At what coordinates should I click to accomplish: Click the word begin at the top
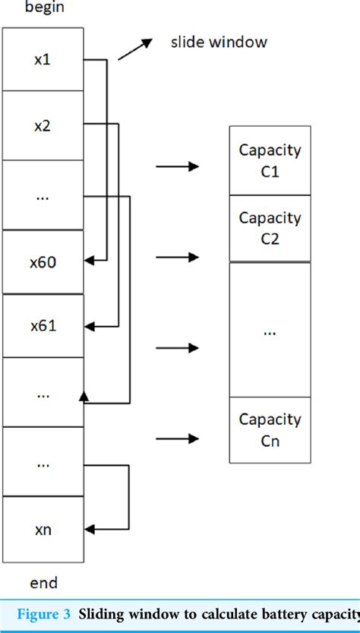click(43, 8)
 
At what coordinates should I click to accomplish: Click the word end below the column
click(43, 583)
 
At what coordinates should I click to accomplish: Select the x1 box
click(43, 59)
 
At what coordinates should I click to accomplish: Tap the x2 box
click(43, 125)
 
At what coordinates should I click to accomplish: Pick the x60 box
click(43, 262)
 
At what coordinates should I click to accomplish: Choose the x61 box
click(43, 326)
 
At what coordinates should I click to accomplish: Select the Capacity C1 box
click(270, 160)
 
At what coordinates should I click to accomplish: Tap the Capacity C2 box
click(270, 228)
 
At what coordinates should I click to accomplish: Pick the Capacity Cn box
click(270, 429)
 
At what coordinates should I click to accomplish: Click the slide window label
click(219, 42)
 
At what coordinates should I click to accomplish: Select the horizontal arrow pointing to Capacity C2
click(177, 258)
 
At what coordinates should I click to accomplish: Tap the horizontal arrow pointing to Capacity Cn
click(177, 438)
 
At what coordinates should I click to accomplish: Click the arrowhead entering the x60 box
click(88, 261)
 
